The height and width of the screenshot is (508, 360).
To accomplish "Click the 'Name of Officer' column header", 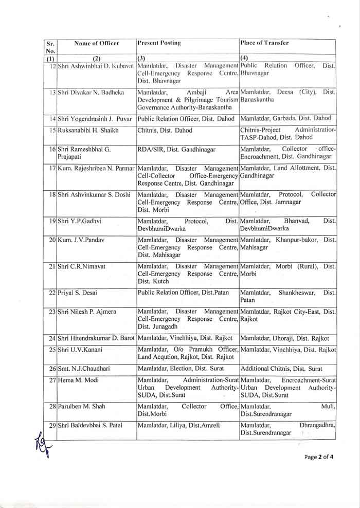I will [x=97, y=43].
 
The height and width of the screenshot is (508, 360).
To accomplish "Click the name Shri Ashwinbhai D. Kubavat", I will [x=97, y=66].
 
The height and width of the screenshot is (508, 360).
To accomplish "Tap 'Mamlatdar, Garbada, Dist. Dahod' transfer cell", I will [x=285, y=119].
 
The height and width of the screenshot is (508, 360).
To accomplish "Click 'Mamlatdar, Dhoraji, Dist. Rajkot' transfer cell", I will [x=285, y=338].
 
